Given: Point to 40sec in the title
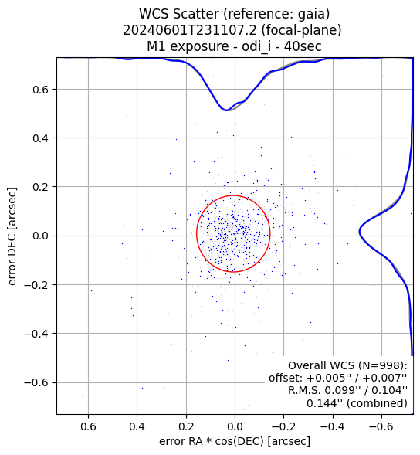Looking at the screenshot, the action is (x=303, y=46).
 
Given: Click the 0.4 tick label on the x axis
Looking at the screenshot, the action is (x=137, y=427).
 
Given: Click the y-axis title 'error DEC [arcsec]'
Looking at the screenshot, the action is (x=12, y=236).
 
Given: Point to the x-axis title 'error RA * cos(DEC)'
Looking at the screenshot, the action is (x=212, y=441).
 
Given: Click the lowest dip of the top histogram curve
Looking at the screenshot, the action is (x=226, y=110).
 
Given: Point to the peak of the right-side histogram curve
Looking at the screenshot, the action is (x=360, y=232).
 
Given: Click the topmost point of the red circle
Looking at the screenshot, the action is (x=233, y=195).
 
